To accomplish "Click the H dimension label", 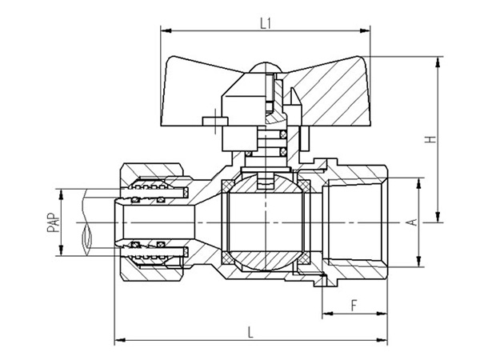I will [431, 138].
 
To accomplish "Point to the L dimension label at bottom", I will [251, 331].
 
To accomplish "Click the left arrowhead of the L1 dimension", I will [166, 31].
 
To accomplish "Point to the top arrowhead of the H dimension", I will [438, 60].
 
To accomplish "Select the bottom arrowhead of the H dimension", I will [438, 218].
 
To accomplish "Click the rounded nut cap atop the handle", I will [266, 70].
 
